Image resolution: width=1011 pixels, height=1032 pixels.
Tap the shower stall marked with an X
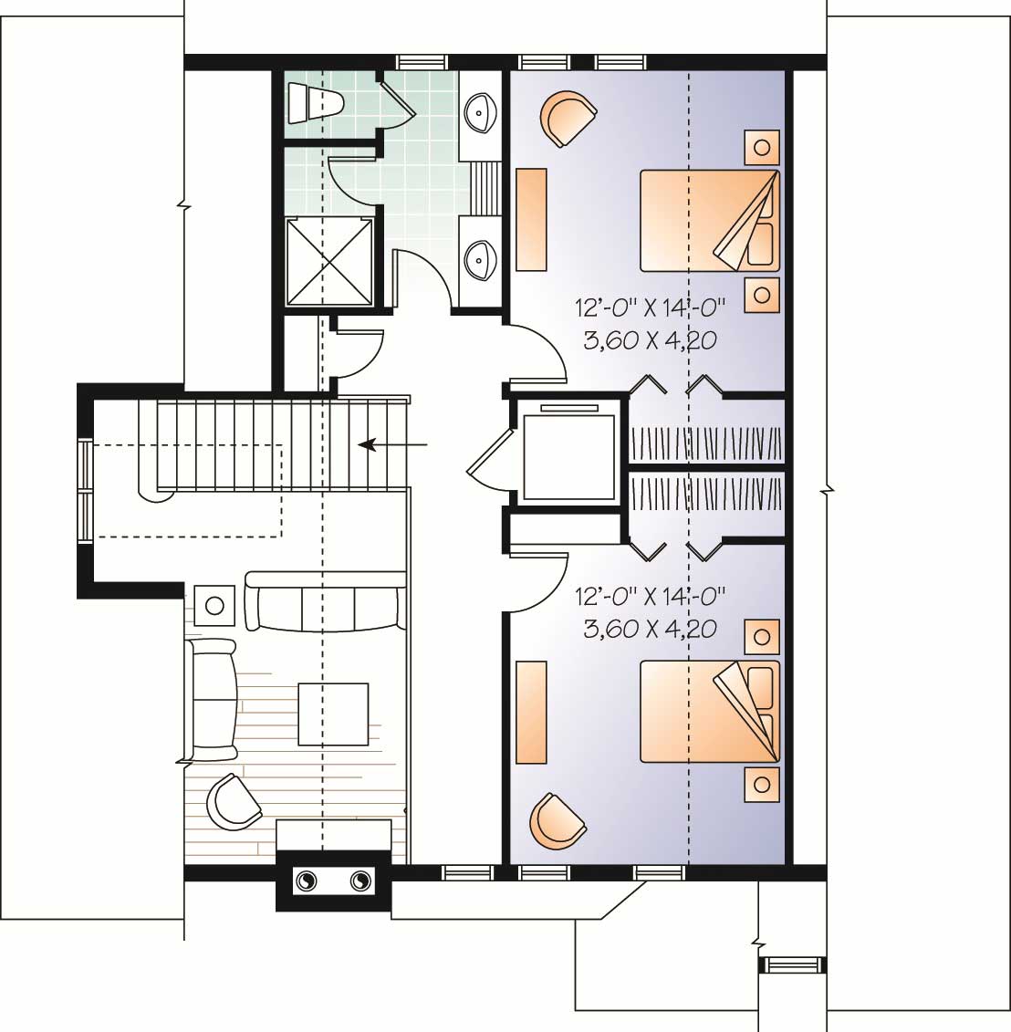pyautogui.click(x=330, y=261)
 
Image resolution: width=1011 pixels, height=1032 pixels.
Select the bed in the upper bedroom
pyautogui.click(x=710, y=220)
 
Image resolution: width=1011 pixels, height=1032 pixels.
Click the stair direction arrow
pyautogui.click(x=393, y=444)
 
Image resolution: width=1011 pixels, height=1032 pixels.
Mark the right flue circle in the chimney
pyautogui.click(x=360, y=881)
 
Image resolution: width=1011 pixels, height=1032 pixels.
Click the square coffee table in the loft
pyautogui.click(x=333, y=714)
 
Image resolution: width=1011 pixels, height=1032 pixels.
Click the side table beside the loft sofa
pyautogui.click(x=215, y=605)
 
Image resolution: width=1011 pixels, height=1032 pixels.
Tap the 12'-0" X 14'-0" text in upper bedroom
pyautogui.click(x=650, y=305)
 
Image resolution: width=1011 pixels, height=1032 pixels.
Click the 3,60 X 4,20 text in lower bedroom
pyautogui.click(x=650, y=629)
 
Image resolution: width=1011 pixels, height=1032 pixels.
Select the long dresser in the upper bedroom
pyautogui.click(x=531, y=219)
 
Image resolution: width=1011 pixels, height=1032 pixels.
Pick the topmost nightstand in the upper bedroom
pyautogui.click(x=762, y=146)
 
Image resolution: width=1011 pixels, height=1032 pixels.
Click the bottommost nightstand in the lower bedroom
pyautogui.click(x=762, y=783)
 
